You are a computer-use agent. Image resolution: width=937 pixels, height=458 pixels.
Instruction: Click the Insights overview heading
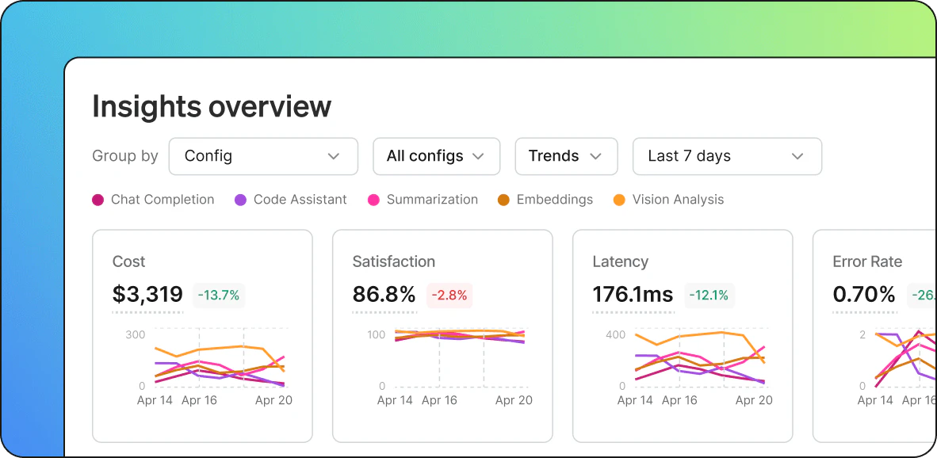[x=212, y=107]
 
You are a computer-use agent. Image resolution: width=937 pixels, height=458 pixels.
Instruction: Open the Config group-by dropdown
[x=263, y=156]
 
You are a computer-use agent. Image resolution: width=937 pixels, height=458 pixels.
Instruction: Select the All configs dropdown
[x=436, y=156]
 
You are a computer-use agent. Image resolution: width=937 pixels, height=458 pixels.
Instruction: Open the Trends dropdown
[x=566, y=156]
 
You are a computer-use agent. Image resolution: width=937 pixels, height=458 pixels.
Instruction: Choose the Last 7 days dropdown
[x=727, y=156]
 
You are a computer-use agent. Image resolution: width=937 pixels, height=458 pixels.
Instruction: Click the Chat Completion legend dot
[x=98, y=200]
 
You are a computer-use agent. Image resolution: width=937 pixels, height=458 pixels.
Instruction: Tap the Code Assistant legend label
[x=300, y=200]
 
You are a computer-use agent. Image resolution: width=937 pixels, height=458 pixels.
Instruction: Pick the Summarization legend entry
[x=423, y=200]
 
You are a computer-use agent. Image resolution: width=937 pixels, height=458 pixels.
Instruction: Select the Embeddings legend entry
[x=545, y=200]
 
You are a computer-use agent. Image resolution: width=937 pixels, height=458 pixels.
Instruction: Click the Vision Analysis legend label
[x=678, y=200]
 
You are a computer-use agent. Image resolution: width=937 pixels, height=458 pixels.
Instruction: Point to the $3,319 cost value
[x=147, y=295]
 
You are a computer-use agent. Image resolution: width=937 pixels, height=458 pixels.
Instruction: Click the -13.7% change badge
[x=219, y=296]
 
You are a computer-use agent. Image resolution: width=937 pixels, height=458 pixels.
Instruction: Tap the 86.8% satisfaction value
[x=384, y=295]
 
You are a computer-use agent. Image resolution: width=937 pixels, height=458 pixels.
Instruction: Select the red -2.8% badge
[x=449, y=296]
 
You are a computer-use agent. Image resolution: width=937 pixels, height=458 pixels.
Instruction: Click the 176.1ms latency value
[x=633, y=295]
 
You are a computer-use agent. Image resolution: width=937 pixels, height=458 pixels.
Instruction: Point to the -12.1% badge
[x=709, y=296]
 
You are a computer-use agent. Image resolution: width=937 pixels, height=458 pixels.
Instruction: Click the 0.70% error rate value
[x=864, y=295]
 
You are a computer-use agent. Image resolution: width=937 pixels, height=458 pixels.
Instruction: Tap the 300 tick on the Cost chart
[x=135, y=334]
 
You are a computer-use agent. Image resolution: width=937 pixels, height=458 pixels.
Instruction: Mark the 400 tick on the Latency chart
[x=615, y=334]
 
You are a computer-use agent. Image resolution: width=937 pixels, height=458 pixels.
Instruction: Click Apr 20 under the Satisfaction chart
[x=514, y=400]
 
